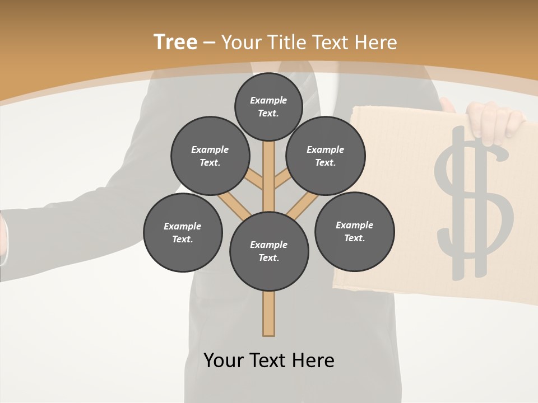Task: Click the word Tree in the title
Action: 175,42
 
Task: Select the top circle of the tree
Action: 268,106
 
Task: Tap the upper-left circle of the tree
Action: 210,156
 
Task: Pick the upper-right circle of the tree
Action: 325,156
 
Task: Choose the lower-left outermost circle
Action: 183,232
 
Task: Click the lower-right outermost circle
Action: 354,231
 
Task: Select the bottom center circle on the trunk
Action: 269,251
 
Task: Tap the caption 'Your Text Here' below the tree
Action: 269,360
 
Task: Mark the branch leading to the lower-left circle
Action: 234,206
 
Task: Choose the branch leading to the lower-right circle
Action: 301,206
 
